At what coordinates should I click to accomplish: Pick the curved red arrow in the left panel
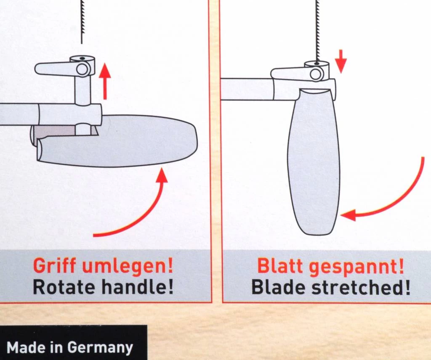click(x=139, y=206)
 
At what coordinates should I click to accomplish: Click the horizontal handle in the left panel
click(x=126, y=141)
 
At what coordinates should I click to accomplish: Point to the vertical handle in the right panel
click(x=314, y=164)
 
